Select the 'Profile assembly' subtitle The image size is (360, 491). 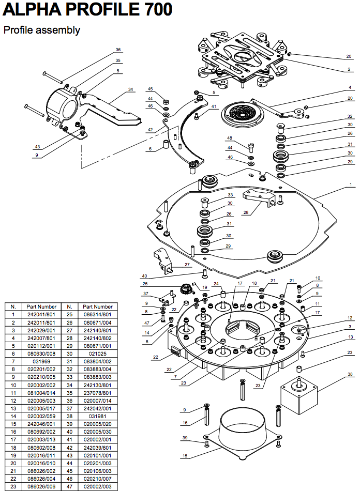coord(42,30)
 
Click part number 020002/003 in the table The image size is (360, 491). coord(98,487)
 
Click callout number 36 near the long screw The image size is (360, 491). coord(118,50)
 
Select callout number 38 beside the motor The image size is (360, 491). coord(350,374)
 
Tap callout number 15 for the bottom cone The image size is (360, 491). coord(184,456)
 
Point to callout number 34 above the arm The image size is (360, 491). coord(130,89)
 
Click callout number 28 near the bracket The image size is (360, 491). coord(246,212)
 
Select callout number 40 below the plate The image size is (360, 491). coord(144,275)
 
